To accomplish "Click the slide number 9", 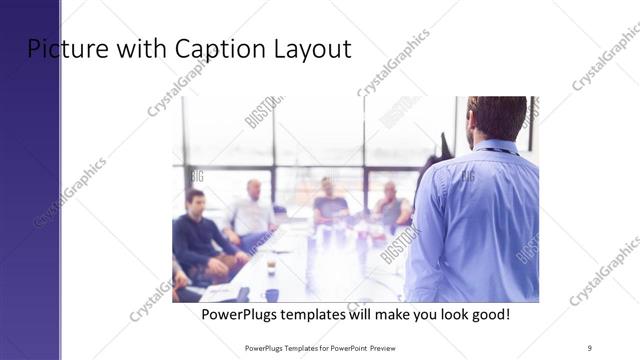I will click(x=589, y=347).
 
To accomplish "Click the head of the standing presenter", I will click(x=497, y=115).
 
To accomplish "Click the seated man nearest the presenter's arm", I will click(x=392, y=208).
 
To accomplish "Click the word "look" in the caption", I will click(x=447, y=314).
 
